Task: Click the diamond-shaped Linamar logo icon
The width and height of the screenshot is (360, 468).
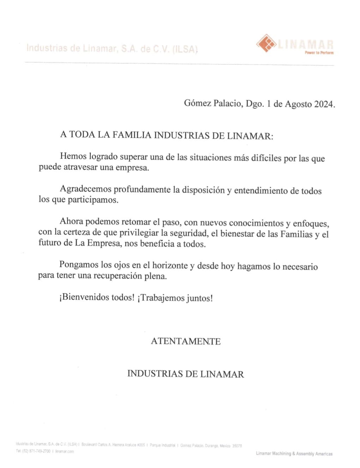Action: [x=266, y=43]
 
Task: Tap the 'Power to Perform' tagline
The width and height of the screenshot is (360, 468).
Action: [x=319, y=53]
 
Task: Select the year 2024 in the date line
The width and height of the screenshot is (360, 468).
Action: [x=324, y=104]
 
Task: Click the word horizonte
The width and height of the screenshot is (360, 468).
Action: [x=170, y=265]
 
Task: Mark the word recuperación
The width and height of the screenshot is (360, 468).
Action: [x=118, y=276]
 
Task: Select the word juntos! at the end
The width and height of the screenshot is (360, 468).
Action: [x=200, y=298]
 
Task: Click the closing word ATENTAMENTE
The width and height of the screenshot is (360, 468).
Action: [x=186, y=341]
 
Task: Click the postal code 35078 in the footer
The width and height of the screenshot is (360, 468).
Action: [x=237, y=446]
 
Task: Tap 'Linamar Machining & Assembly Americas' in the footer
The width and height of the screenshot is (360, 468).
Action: [x=294, y=454]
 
